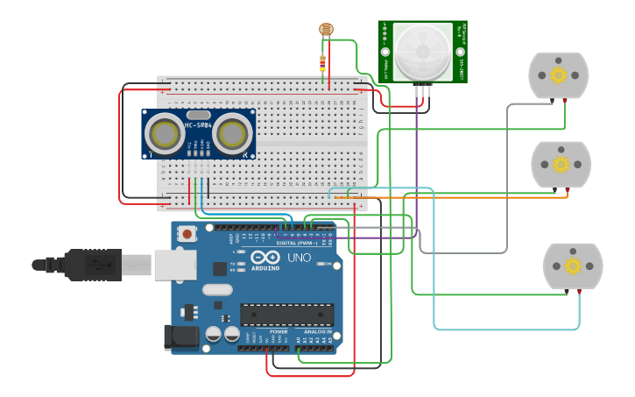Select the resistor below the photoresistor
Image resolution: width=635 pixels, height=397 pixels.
pyautogui.click(x=323, y=64)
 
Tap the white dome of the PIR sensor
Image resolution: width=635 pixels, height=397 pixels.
pyautogui.click(x=422, y=52)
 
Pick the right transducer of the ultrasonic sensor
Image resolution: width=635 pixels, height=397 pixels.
pyautogui.click(x=232, y=134)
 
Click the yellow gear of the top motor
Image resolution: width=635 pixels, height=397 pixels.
pyautogui.click(x=558, y=75)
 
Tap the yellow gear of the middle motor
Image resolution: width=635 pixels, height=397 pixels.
pyautogui.click(x=561, y=164)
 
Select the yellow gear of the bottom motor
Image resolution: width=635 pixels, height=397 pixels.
pyautogui.click(x=573, y=266)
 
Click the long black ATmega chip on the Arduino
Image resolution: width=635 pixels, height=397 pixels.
pyautogui.click(x=287, y=315)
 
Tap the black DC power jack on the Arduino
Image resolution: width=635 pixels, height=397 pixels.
pyautogui.click(x=179, y=337)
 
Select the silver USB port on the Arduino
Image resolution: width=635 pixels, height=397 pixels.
pyautogui.click(x=174, y=264)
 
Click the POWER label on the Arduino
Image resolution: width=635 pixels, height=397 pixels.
pyautogui.click(x=279, y=332)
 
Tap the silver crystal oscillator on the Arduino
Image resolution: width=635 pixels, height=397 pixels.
pyautogui.click(x=217, y=289)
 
